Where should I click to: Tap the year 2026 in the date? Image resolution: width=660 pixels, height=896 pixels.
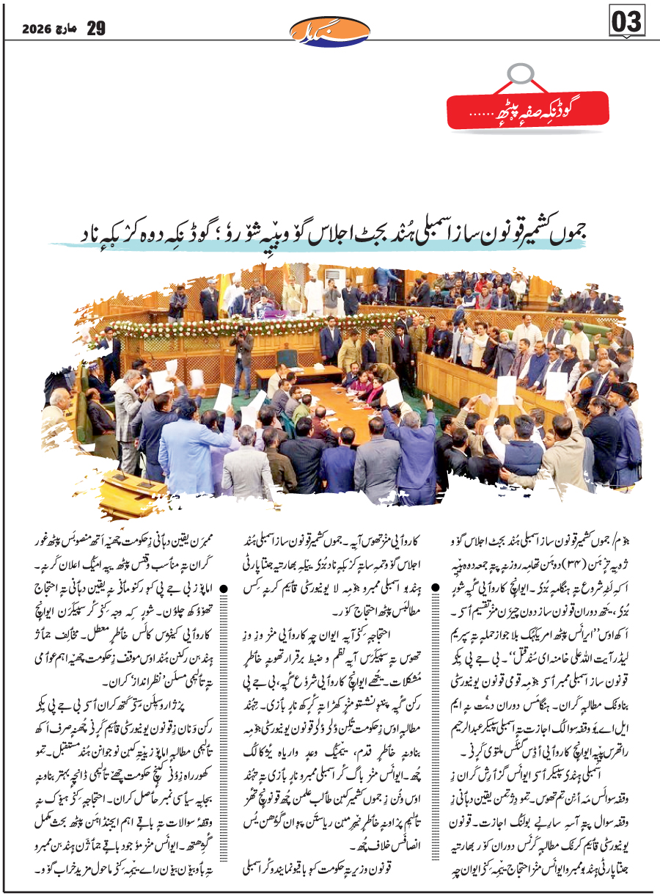click(x=35, y=30)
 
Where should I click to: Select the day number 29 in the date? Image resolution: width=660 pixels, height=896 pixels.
click(x=96, y=29)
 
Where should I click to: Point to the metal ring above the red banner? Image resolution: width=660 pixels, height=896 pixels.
click(x=519, y=73)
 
